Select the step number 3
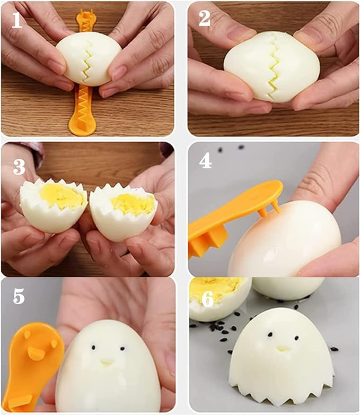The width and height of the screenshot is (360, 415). [19, 167]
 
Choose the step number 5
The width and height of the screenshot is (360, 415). [19, 296]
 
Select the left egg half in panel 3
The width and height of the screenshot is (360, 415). [54, 206]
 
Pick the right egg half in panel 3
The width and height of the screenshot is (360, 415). [124, 212]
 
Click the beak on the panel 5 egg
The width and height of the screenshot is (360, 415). [107, 362]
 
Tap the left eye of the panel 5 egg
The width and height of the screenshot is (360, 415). [93, 347]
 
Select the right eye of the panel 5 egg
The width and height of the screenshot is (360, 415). [122, 349]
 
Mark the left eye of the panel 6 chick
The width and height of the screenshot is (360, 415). [270, 335]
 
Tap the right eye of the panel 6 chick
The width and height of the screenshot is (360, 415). [296, 338]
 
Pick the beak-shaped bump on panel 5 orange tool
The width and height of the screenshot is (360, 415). [36, 354]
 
